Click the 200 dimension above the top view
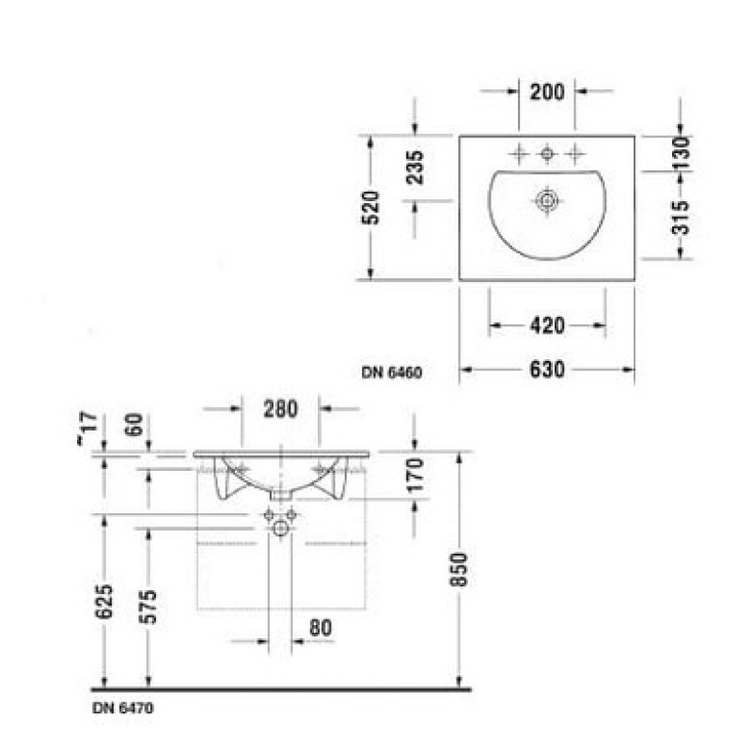547,91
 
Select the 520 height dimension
370,207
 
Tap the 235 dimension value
415,167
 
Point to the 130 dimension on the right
681,153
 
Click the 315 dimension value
681,218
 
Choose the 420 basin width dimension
547,325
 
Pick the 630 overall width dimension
547,369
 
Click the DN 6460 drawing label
392,372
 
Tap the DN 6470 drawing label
123,708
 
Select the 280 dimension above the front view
280,409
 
